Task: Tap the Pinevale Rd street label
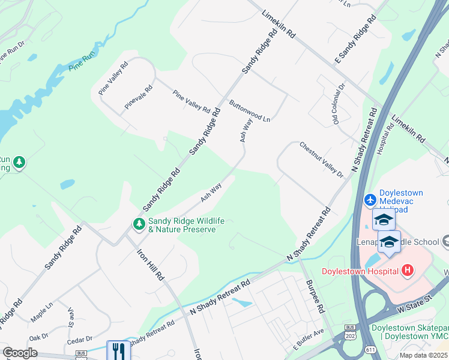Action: [x=139, y=97]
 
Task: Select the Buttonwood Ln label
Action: [x=249, y=110]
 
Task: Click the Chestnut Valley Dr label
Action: [x=321, y=160]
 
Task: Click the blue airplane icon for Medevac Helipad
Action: [x=370, y=199]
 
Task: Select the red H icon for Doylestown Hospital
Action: [x=408, y=271]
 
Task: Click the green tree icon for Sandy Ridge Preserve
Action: [x=139, y=224]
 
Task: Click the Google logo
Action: [x=20, y=353]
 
